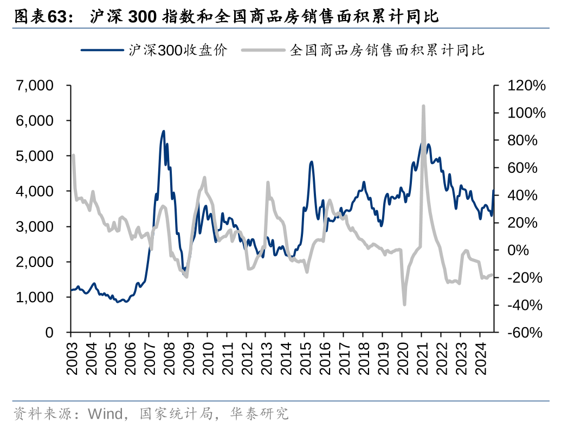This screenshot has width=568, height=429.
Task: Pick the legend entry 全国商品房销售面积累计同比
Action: click(x=387, y=50)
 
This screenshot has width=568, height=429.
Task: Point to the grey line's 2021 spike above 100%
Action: click(x=423, y=106)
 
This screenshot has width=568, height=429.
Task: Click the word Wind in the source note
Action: click(x=105, y=414)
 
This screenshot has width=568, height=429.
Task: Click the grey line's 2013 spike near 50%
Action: click(x=268, y=183)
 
